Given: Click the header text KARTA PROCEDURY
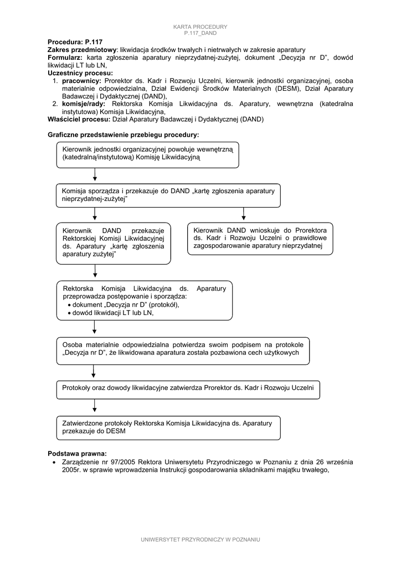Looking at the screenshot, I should (x=200, y=27).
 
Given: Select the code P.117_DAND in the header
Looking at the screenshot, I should (x=200, y=33).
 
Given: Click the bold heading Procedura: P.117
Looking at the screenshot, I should (x=75, y=42).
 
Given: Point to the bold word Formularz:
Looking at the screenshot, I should (x=65, y=58).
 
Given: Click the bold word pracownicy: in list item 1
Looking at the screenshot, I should (x=81, y=81).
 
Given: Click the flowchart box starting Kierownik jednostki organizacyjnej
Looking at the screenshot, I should (x=147, y=154).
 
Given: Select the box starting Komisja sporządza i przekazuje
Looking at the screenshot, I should (x=168, y=195).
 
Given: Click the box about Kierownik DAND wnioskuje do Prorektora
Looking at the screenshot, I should (x=260, y=238).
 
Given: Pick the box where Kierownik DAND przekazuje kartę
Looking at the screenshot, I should (x=113, y=243).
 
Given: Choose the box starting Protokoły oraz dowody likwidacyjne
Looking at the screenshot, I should (x=188, y=389).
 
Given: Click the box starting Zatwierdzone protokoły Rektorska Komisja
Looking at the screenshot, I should (x=168, y=427).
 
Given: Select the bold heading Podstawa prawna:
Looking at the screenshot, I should (x=77, y=453).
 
